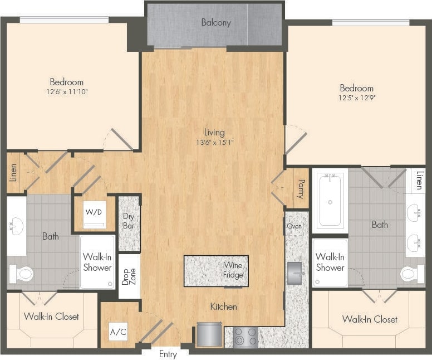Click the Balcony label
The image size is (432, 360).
tap(215, 23)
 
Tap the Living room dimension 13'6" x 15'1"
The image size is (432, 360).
tap(214, 142)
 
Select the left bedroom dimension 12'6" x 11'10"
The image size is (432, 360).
tap(66, 91)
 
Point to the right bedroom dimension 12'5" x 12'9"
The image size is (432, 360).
tap(357, 98)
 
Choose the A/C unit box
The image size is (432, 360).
tap(117, 332)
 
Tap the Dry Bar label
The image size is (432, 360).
tap(129, 222)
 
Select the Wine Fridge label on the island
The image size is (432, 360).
tap(233, 270)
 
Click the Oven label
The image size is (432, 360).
tap(294, 226)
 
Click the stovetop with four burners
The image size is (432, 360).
tap(246, 337)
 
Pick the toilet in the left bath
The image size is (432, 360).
tap(21, 274)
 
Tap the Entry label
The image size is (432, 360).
tap(168, 354)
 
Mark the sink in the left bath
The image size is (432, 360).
tap(15, 226)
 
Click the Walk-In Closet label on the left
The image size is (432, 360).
tap(51, 317)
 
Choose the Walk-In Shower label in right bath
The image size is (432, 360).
tap(330, 262)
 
